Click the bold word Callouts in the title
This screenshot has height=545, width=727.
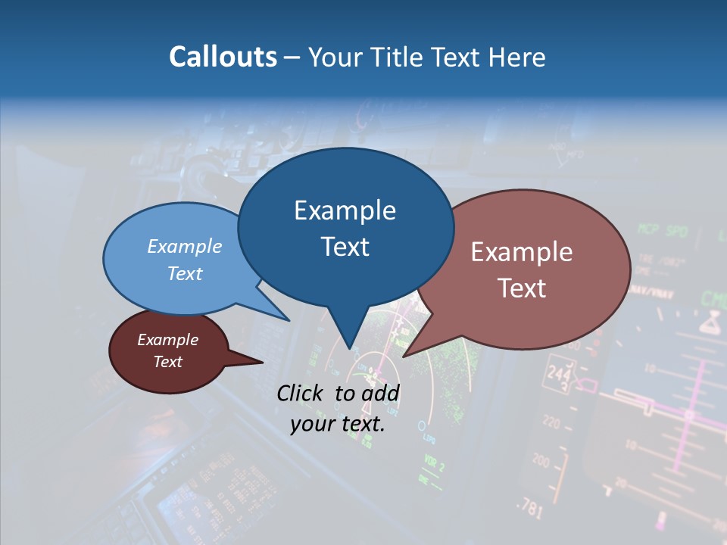(x=223, y=57)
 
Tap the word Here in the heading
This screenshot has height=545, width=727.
(x=516, y=57)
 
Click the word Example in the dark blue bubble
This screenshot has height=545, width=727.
(x=345, y=210)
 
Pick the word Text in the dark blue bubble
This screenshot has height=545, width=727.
(x=345, y=247)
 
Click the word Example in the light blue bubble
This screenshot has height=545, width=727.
(x=184, y=246)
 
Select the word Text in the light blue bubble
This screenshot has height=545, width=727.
(x=184, y=273)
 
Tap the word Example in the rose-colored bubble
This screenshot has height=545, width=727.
(x=521, y=252)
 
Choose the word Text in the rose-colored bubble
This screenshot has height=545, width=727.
(x=521, y=288)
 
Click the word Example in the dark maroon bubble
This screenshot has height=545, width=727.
(x=167, y=340)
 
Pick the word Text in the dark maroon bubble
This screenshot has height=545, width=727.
(x=167, y=362)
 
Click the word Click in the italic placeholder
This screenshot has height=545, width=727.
(x=303, y=393)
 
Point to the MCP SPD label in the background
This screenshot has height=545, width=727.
(x=662, y=230)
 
